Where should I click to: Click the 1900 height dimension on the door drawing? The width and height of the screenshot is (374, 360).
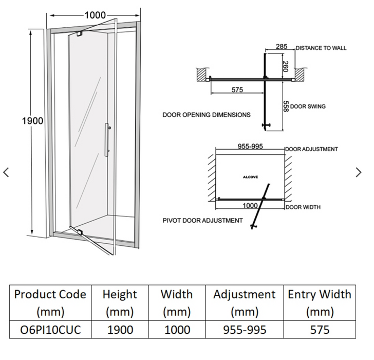click(x=32, y=121)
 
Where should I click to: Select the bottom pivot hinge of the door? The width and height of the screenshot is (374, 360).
click(x=79, y=232)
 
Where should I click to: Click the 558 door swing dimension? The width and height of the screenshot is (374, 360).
click(x=286, y=106)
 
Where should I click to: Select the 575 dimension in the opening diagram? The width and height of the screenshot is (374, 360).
click(x=237, y=89)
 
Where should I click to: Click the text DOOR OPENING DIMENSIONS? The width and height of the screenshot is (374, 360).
click(x=207, y=114)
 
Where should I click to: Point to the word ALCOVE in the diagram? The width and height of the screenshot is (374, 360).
click(x=250, y=176)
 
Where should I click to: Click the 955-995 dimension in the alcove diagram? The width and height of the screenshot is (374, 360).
click(x=250, y=147)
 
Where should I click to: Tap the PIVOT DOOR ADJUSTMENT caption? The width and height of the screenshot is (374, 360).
click(x=202, y=220)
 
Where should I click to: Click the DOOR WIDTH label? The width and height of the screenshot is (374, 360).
click(x=303, y=207)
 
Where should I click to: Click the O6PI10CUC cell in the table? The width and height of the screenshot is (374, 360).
click(x=50, y=330)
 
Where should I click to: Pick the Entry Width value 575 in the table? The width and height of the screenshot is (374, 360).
click(x=319, y=330)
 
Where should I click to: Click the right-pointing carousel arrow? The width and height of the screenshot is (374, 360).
click(x=359, y=173)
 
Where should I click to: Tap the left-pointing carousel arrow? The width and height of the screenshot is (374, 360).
click(x=6, y=173)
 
